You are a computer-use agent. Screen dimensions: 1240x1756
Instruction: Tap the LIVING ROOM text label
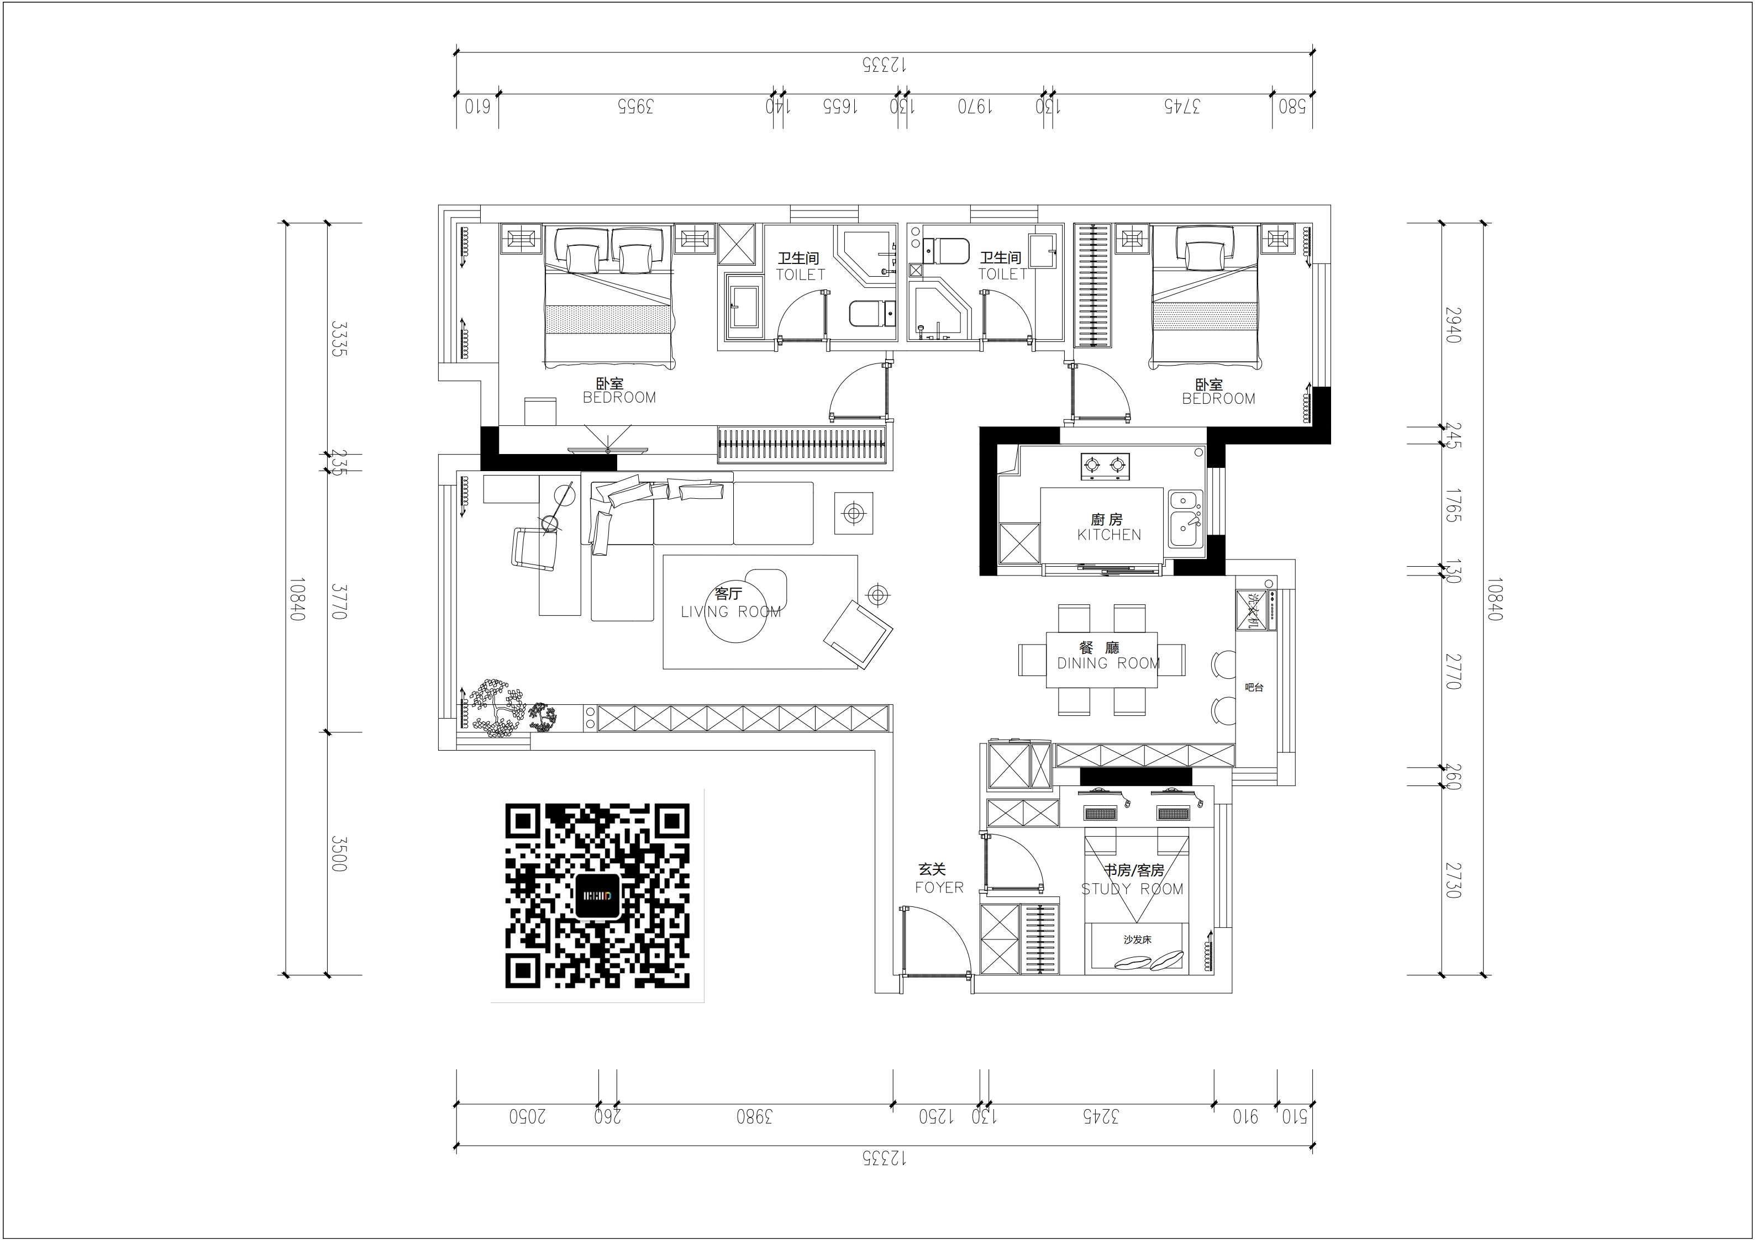(730, 611)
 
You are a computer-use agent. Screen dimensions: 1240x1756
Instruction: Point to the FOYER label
(939, 888)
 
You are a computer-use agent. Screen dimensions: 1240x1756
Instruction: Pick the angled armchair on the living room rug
(858, 634)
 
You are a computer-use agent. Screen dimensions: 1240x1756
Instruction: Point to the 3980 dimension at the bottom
(754, 1117)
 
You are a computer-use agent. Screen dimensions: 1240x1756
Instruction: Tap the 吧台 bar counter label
(1254, 687)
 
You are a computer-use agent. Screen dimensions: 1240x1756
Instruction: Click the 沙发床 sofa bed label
(1137, 940)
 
